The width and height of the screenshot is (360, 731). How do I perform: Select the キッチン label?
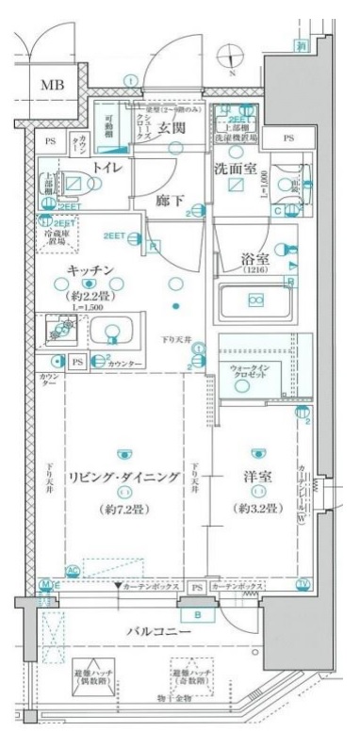coord(90,269)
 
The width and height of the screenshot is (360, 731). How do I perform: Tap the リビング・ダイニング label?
coord(122,478)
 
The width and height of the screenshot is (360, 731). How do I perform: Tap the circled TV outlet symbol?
coord(303,584)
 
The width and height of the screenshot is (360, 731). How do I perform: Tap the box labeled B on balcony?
coord(198,614)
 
